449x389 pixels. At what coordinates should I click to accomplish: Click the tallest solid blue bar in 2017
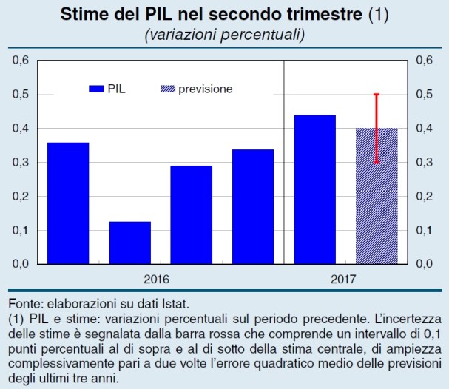314,189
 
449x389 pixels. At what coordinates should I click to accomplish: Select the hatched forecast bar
377,196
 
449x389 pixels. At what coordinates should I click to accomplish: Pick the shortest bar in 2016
129,243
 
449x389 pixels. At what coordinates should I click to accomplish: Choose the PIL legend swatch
96,89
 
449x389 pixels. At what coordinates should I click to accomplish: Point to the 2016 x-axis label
157,280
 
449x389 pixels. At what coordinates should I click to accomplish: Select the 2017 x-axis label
345,280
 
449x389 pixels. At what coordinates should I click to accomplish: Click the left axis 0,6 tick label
22,60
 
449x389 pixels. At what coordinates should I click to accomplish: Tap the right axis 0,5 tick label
425,94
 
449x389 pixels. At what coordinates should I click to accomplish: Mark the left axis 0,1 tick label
22,230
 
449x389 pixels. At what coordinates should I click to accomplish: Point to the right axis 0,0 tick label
425,264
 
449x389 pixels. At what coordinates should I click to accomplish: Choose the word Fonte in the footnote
24,304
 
